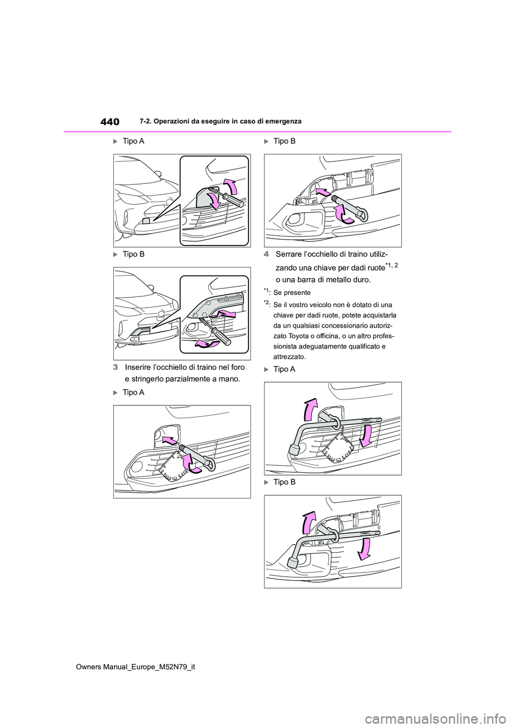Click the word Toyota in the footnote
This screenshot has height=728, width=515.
point(298,336)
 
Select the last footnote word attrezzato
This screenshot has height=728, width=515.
point(290,356)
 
